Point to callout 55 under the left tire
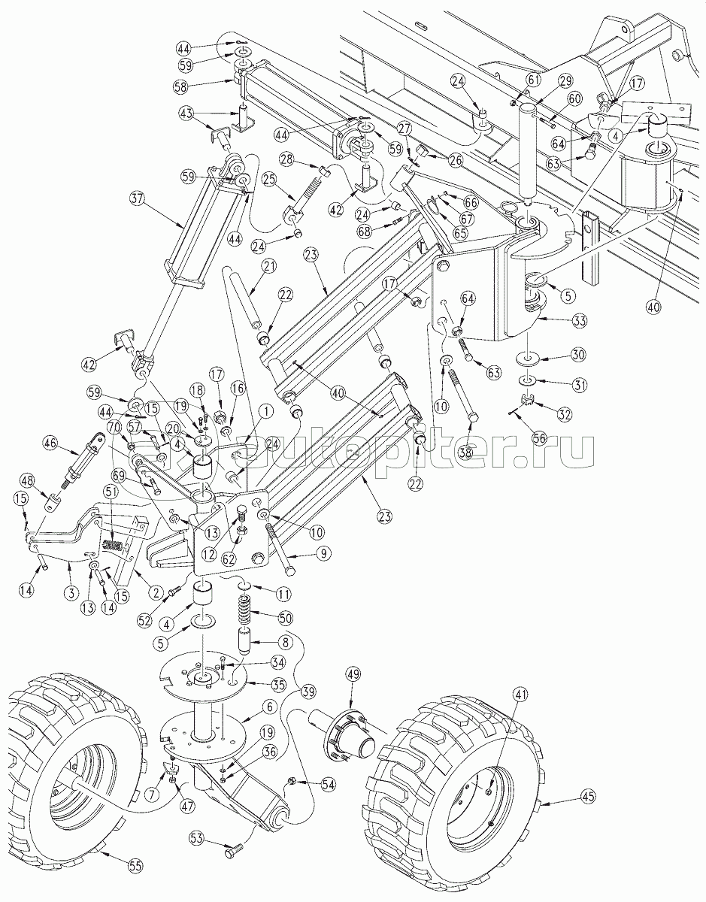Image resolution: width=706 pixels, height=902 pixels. pyautogui.click(x=133, y=866)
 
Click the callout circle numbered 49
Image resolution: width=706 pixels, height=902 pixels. pyautogui.click(x=353, y=674)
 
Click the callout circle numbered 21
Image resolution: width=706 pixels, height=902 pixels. pyautogui.click(x=268, y=266)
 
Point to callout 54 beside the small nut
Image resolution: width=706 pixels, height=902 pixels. pyautogui.click(x=327, y=784)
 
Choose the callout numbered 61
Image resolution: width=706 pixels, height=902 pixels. pyautogui.click(x=533, y=80)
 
